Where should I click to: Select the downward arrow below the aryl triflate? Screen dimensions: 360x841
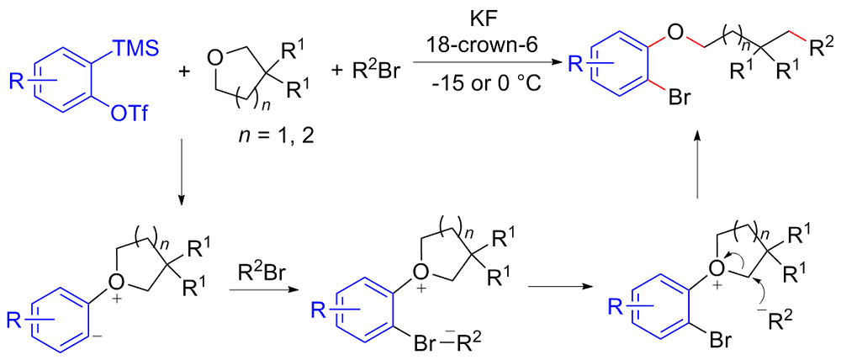[182, 183]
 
